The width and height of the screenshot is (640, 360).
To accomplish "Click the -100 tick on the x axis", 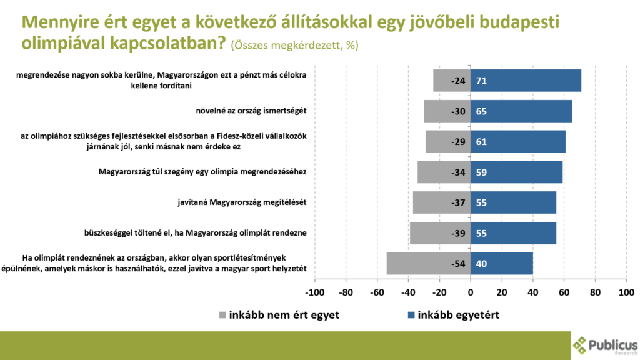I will tap(314, 291).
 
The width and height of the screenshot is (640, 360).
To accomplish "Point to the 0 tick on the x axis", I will tap(471, 291).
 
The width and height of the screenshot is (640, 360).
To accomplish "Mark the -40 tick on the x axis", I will tap(408, 291).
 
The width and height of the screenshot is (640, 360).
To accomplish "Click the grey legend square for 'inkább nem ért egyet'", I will tap(224, 315).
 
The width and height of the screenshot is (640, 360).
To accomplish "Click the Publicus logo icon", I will tap(581, 345).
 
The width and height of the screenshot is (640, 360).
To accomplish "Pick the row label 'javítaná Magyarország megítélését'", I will tap(242, 202).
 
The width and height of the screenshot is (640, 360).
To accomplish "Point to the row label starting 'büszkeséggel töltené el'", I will tap(199, 233).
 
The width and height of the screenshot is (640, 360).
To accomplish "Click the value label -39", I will tap(458, 233).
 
